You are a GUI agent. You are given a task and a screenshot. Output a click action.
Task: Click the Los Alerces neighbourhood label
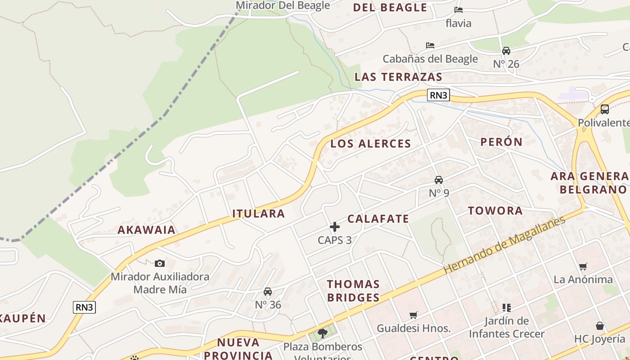pos(370,144)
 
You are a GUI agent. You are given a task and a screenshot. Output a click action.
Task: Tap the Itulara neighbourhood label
pos(258,213)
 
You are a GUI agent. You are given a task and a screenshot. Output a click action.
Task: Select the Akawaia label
pos(146,229)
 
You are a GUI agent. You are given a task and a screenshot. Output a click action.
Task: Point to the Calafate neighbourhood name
pos(378,219)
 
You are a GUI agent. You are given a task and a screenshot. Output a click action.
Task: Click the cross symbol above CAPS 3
pos(335,227)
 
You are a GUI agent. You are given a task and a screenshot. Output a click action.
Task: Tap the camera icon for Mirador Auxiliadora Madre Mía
pos(160,263)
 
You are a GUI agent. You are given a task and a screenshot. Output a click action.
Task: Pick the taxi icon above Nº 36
pos(268,292)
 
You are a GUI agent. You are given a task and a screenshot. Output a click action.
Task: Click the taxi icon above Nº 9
pos(439,180)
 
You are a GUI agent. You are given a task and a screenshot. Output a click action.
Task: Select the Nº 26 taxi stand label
pos(506,64)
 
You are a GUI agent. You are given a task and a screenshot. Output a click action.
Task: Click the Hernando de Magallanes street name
pos(504,245)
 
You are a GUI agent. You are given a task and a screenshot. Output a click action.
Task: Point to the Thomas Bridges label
pos(353,291)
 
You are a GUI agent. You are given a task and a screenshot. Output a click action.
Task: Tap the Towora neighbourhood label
pos(495,211)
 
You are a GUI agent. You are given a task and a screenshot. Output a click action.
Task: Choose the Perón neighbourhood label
pos(501,142)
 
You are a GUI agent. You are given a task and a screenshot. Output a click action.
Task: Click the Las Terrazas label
pos(398,76)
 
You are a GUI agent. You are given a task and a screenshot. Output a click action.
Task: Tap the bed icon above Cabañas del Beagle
pos(430,45)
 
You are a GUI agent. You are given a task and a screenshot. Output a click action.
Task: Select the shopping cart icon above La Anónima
pos(583,266)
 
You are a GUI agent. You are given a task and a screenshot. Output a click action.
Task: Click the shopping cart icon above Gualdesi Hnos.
pos(414,315)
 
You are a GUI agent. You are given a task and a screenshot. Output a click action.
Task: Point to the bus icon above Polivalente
pos(605,109)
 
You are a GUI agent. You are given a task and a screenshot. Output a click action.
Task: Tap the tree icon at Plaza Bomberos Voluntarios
pos(322,333)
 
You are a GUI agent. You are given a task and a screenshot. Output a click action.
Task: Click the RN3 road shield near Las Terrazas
pos(438,95)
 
